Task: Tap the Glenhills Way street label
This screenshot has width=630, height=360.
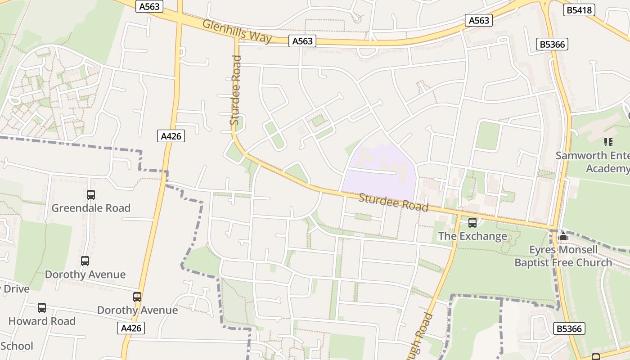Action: (x=237, y=31)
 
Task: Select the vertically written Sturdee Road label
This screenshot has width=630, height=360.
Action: (x=235, y=90)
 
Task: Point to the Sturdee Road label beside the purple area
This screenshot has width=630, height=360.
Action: (x=393, y=202)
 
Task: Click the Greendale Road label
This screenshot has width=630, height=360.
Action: (x=91, y=208)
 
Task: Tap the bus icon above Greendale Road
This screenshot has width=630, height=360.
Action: (x=91, y=195)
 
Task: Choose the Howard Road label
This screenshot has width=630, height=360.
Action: (x=42, y=321)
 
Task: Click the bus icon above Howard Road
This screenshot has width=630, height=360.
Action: (x=42, y=308)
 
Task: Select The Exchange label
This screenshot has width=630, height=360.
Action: (x=472, y=236)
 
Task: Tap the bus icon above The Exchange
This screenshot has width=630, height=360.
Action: (x=472, y=222)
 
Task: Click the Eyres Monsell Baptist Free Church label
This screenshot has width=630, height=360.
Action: (x=563, y=256)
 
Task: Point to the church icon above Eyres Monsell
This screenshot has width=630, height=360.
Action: (x=563, y=236)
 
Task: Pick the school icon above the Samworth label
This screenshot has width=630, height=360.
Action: (x=608, y=142)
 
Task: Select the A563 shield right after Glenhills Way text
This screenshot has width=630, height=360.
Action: (x=302, y=41)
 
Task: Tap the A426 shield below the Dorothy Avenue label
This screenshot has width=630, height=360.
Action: (x=131, y=328)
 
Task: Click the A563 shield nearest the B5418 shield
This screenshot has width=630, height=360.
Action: (x=478, y=20)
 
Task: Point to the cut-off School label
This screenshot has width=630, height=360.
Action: (x=17, y=346)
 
